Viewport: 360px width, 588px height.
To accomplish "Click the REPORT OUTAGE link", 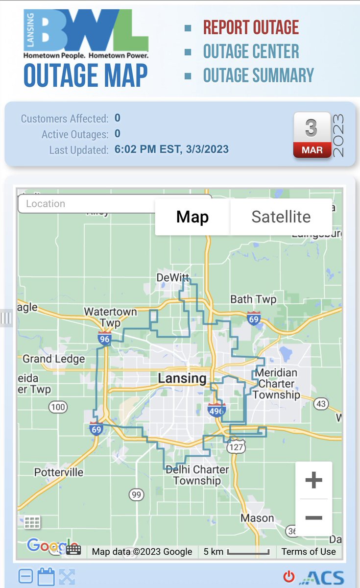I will point(251,27).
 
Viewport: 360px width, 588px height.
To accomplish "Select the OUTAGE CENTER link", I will point(251,51).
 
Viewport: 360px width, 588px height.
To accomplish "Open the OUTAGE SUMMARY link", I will point(258,75).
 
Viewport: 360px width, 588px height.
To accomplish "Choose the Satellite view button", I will point(281,217).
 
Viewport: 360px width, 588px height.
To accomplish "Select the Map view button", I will point(192,217).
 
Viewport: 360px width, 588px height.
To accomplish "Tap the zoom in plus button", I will point(313,480).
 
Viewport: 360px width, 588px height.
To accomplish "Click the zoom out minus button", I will point(313,518).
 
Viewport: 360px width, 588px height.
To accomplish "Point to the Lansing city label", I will point(182,378).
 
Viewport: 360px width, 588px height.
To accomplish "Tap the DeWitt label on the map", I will point(172,278).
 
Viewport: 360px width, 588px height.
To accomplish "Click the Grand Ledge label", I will point(53,359).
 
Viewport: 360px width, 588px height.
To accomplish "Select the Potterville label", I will point(59,472).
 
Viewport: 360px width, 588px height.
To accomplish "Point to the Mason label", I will point(257,518).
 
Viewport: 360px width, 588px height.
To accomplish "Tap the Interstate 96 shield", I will point(104,338).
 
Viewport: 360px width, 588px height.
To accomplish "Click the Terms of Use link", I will point(309,551).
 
